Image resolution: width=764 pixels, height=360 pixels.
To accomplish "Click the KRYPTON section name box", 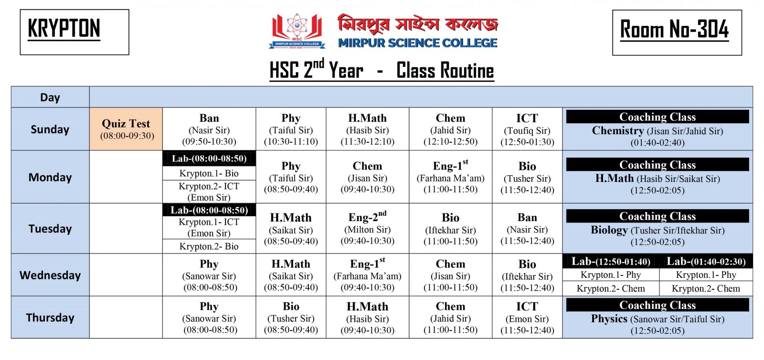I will tap(74, 32).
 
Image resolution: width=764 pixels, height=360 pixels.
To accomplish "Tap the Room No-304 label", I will tap(676, 32).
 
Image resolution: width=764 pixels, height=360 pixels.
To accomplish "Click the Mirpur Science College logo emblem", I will tap(297, 31).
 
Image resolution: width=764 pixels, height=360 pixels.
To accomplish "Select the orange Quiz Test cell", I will tap(126, 129).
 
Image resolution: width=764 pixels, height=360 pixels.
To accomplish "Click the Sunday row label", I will tap(50, 129).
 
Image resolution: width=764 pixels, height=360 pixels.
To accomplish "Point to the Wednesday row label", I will tap(50, 275).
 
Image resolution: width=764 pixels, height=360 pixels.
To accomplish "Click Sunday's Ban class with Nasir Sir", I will tap(209, 129).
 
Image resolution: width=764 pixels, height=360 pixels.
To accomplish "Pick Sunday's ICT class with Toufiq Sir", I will tap(527, 129).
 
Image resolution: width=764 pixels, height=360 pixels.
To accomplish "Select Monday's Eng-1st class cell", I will tap(450, 177).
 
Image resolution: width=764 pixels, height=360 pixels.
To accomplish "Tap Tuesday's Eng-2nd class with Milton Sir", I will tap(367, 229).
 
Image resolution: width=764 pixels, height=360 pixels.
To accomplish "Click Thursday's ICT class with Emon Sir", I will tap(527, 318).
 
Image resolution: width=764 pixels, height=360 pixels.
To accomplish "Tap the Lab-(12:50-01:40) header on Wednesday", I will tap(611, 261).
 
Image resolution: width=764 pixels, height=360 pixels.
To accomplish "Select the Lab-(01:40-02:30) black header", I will tap(706, 261).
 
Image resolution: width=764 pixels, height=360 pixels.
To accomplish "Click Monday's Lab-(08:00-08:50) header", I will tap(209, 159).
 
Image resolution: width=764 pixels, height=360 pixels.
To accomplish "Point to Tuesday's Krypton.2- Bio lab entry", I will tap(209, 246).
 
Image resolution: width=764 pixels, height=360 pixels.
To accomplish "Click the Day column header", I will tap(50, 97).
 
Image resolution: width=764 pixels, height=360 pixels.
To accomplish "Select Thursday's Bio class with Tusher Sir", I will tap(291, 318).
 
